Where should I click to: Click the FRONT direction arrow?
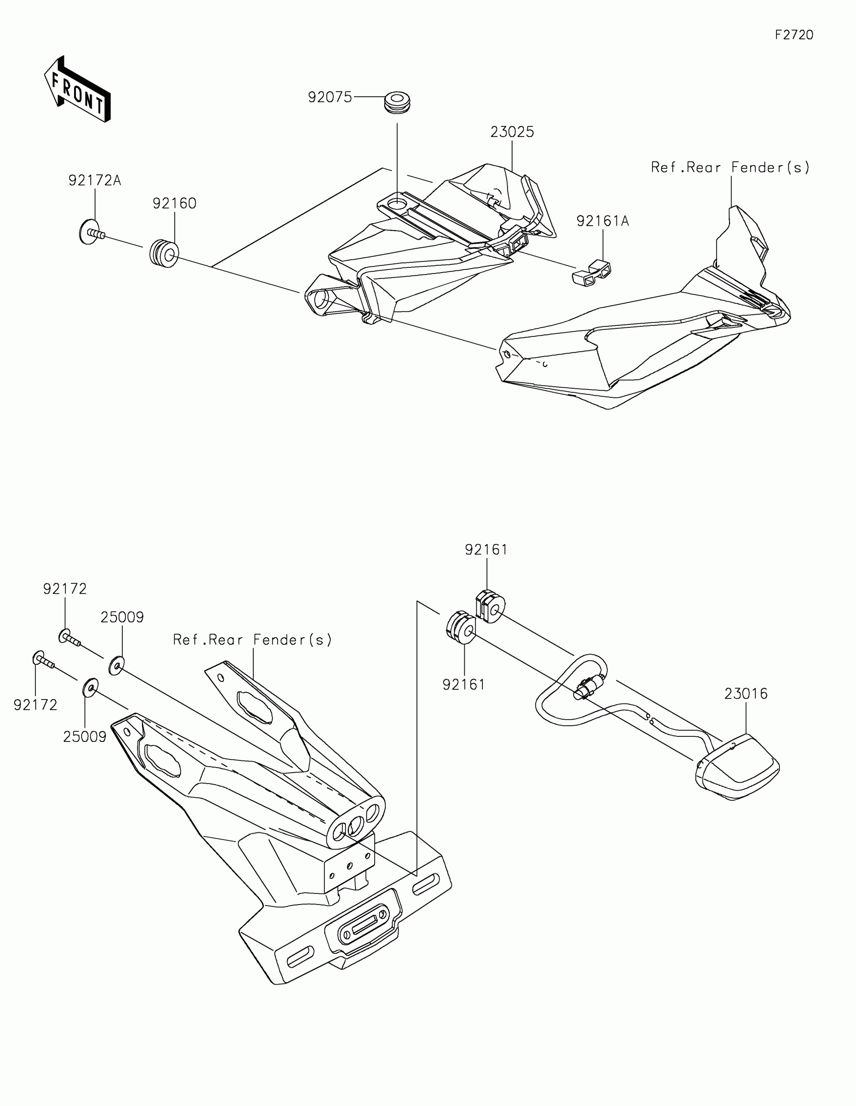point(78,90)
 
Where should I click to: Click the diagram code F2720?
point(794,35)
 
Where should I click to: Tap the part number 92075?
point(329,97)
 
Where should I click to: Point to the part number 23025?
point(512,132)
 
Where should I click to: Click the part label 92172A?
point(95,180)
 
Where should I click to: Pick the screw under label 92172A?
point(91,233)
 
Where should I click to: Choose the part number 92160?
point(174,203)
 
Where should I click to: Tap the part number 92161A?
point(602,221)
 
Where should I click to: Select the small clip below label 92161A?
point(592,273)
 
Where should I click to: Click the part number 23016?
point(746,694)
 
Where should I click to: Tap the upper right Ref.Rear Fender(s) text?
point(730,168)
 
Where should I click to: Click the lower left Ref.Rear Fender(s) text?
point(252,640)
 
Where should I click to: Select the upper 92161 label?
point(486,550)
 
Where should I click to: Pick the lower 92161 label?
point(464,684)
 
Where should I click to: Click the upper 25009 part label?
point(122,617)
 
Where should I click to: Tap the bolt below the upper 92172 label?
point(70,638)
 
